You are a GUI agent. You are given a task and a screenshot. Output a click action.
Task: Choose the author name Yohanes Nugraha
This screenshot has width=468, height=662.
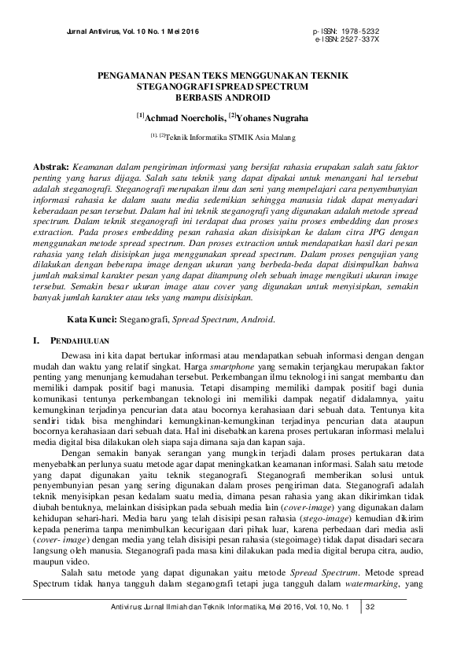(271, 118)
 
